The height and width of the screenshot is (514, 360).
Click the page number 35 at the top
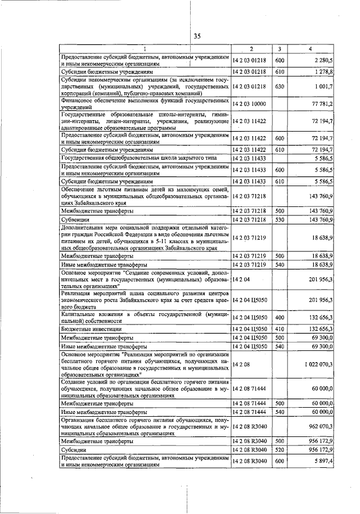pyautogui.click(x=197, y=37)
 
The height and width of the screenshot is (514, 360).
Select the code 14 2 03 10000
pyautogui.click(x=250, y=105)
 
